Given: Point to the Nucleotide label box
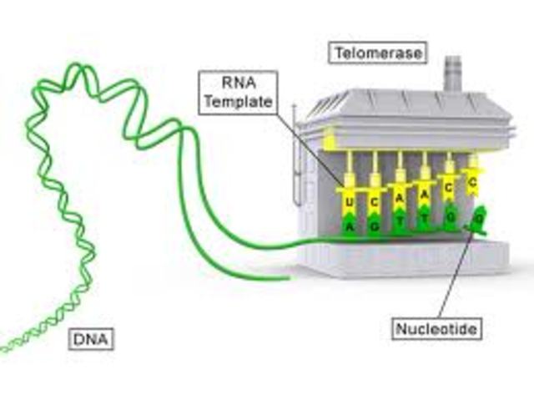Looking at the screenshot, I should (437, 329).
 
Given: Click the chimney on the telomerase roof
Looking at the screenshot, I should (453, 75).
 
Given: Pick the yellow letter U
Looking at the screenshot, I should (350, 204).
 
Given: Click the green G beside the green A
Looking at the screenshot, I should (375, 225).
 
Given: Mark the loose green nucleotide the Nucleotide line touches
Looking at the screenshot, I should (476, 220).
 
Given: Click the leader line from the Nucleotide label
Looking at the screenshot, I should (456, 276).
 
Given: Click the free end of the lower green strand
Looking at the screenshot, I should (288, 276).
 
